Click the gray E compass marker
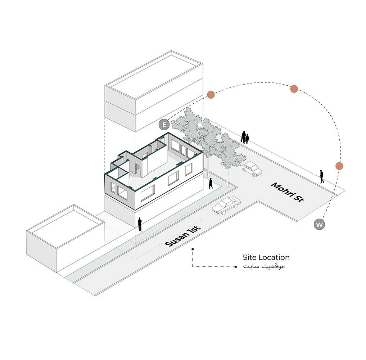point(164,125)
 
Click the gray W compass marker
point(319,225)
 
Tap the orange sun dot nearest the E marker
point(211,95)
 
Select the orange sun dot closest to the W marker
point(339,166)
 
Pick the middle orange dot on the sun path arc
point(294,89)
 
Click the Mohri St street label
point(287,192)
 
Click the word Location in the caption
point(275,257)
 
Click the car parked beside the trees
point(252,168)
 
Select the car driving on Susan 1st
point(226,206)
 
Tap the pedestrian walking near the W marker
point(322,176)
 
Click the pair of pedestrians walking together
point(245,137)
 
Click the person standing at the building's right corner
point(211,184)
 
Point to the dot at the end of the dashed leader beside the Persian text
point(235,267)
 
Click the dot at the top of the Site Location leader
point(193,249)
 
